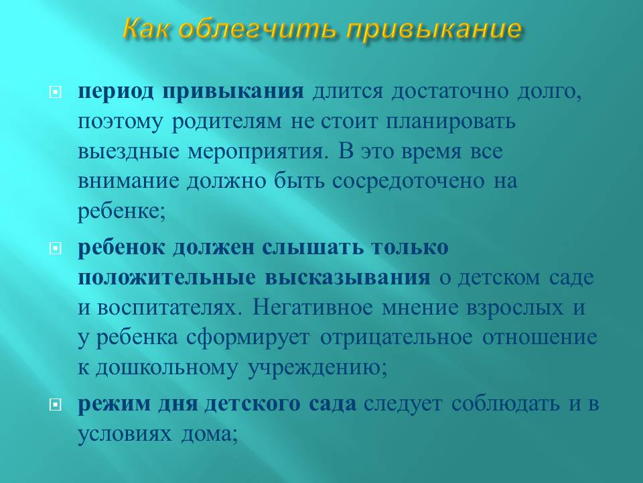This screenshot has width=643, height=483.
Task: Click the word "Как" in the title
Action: click(x=146, y=29)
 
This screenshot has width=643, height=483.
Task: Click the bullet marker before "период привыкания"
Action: click(x=56, y=92)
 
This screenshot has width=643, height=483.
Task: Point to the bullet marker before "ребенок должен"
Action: click(x=56, y=248)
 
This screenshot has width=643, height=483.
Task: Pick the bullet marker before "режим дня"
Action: click(x=56, y=405)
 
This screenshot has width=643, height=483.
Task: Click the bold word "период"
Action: click(x=116, y=92)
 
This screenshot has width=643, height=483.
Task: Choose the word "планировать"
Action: click(x=450, y=122)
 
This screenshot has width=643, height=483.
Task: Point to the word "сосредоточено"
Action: click(x=408, y=182)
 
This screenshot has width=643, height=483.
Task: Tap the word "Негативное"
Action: click(x=312, y=307)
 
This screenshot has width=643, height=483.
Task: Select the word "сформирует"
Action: click(x=248, y=338)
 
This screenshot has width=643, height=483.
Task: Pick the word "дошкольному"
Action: click(x=167, y=368)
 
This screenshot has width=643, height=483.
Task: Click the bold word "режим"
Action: click(x=114, y=405)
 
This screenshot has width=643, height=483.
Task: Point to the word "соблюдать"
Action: click(x=505, y=404)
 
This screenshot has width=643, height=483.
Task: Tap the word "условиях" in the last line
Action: click(x=125, y=435)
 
